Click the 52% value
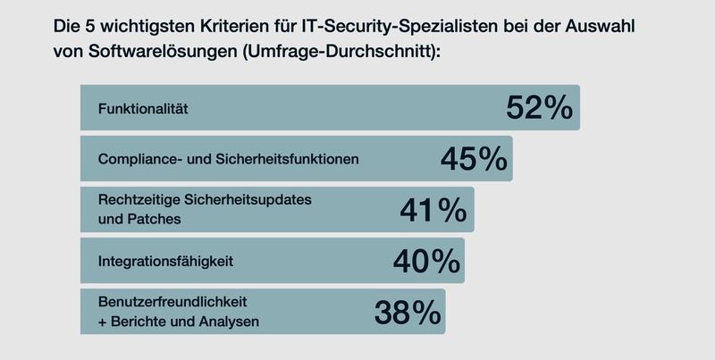click(x=538, y=108)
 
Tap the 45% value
click(x=474, y=159)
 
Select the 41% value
click(x=433, y=210)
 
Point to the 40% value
click(x=425, y=261)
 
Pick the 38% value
click(x=407, y=312)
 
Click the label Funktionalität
click(x=143, y=109)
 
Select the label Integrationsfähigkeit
click(x=165, y=262)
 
